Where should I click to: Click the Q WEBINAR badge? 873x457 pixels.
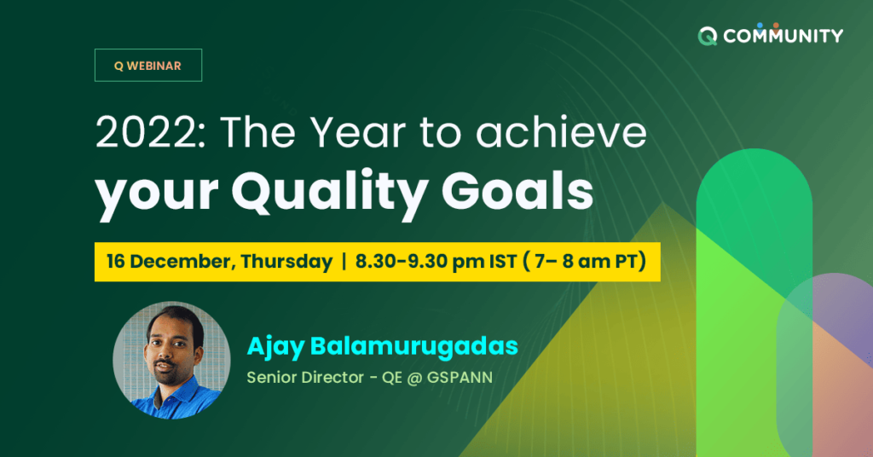pyautogui.click(x=147, y=66)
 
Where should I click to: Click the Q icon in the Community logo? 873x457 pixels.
pyautogui.click(x=707, y=36)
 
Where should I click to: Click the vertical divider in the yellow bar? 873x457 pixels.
pyautogui.click(x=343, y=262)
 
